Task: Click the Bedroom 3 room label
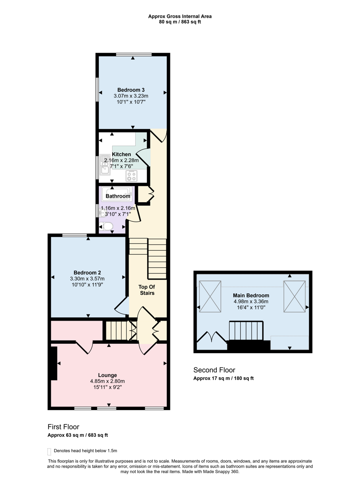131,89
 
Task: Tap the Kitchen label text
121,155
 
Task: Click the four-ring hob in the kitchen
132,175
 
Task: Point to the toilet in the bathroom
107,226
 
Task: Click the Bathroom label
118,196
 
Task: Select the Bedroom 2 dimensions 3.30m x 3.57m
87,278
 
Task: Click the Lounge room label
107,375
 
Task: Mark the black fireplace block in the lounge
54,363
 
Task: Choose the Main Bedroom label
251,295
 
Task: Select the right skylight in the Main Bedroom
295,297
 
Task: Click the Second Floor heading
214,370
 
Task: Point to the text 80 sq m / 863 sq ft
180,22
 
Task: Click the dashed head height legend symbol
49,451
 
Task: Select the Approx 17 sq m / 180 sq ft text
223,379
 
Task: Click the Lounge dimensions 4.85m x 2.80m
107,381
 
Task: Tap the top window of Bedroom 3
132,55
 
